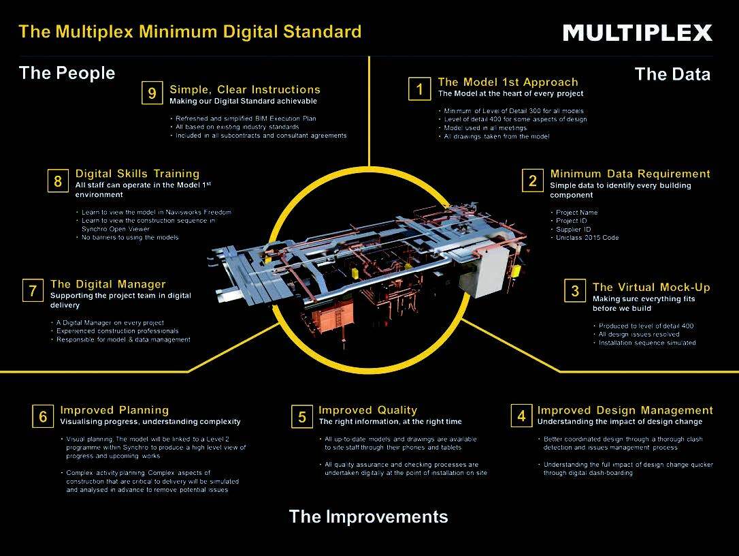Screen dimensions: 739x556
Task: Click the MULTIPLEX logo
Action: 637,33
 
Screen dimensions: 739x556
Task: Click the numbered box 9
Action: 152,93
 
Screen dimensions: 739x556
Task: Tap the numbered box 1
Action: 419,89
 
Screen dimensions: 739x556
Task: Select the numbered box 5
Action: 302,416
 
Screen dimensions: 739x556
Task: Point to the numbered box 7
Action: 33,290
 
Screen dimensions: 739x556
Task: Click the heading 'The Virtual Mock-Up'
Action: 651,287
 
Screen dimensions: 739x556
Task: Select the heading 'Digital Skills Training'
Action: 137,173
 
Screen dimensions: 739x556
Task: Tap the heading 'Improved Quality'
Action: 367,410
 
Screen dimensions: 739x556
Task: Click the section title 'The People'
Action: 67,73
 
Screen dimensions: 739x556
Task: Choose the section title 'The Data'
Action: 672,74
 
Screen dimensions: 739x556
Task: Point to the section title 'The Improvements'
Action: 369,516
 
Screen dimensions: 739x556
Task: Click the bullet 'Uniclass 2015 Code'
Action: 587,237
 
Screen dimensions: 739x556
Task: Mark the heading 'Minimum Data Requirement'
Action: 630,174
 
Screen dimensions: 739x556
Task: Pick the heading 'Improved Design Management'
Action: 625,410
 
